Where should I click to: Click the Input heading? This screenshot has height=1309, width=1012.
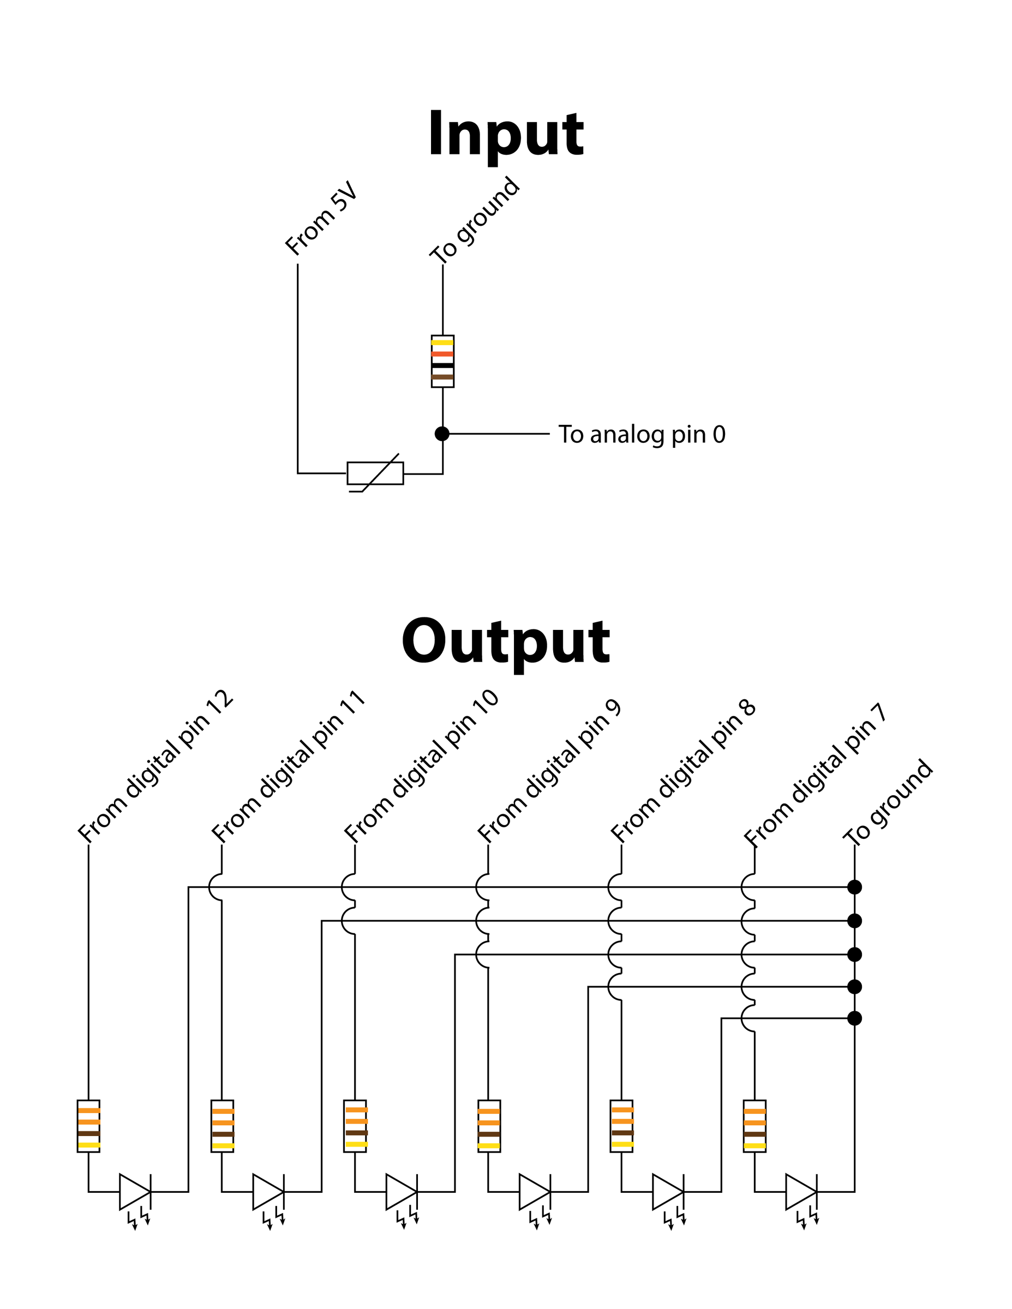click(x=505, y=134)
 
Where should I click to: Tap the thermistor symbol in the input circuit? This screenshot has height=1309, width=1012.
click(x=375, y=473)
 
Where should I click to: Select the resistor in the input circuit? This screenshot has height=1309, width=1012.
click(x=442, y=361)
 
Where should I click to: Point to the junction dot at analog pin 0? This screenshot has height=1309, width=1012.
click(x=442, y=434)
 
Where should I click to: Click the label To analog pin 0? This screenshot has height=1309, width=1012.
click(x=642, y=435)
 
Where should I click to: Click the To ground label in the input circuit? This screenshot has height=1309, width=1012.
click(x=475, y=220)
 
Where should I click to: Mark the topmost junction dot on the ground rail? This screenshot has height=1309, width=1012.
click(x=854, y=887)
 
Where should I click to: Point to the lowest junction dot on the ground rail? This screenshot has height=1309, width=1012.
click(x=854, y=1018)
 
